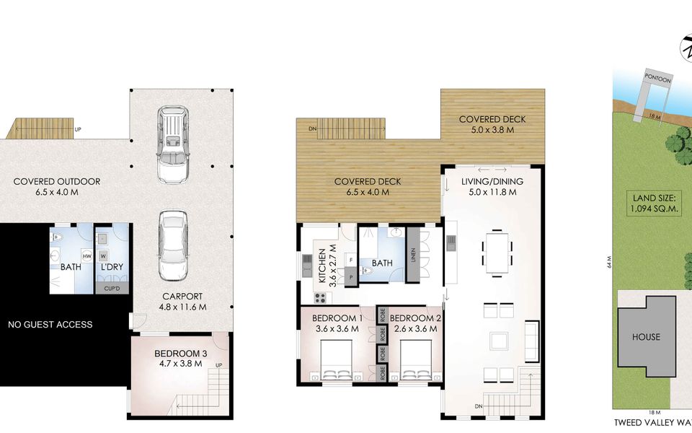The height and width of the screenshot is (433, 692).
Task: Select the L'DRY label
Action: pos(112,267)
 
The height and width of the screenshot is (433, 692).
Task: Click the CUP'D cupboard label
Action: pos(112,288)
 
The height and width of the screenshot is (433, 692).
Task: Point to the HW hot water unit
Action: pos(86,255)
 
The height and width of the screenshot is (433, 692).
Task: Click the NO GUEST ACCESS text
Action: pos(50,325)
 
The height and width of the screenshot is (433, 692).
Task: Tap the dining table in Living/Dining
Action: pos(497,251)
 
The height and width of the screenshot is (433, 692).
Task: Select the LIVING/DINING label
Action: pos(492,182)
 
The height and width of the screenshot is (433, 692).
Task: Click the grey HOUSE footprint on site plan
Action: pos(647,337)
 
